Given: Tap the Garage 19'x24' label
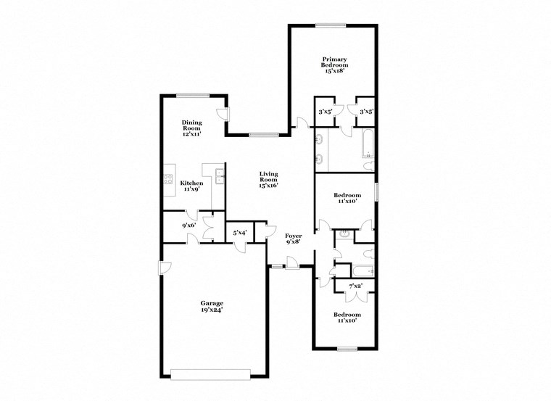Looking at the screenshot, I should [212, 306].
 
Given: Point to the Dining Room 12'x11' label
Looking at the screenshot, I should [191, 128].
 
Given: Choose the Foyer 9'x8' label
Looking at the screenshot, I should [294, 239].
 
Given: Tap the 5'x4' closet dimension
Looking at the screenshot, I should [239, 233].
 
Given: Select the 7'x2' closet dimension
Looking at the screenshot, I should [355, 286].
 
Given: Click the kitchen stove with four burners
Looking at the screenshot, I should [167, 179].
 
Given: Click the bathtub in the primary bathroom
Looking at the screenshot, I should [367, 146].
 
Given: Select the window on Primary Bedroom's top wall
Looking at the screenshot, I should [331, 27].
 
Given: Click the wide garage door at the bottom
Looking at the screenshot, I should [212, 374].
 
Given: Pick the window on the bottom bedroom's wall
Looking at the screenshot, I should [347, 350].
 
